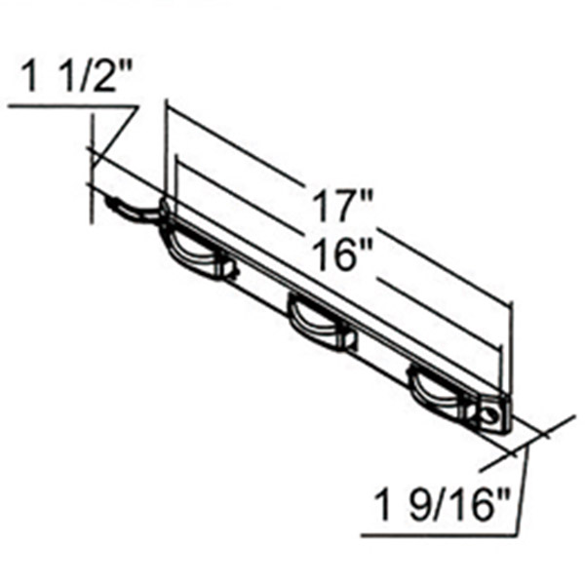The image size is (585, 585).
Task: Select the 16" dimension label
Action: click(343, 254)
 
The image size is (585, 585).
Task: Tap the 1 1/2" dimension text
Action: click(77, 76)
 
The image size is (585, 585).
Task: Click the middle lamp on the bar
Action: click(321, 322)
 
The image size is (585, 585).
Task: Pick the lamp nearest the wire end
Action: click(196, 250)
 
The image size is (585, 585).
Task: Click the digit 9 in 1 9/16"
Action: click(419, 505)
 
